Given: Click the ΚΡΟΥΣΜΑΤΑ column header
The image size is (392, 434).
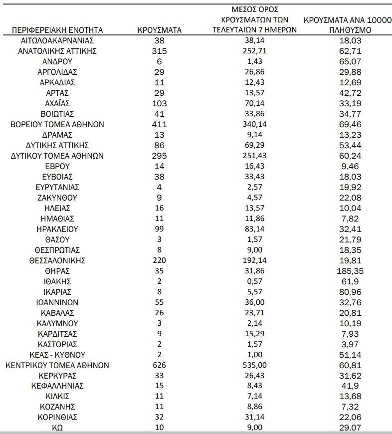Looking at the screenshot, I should tap(159, 30).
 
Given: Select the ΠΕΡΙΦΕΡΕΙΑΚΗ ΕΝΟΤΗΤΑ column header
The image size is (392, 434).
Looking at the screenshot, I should tap(57, 30).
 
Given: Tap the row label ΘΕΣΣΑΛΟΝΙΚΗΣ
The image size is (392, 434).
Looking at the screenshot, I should tap(57, 260).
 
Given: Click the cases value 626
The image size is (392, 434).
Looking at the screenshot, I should tap(159, 365).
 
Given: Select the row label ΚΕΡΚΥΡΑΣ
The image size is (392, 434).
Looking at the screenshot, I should tap(57, 376).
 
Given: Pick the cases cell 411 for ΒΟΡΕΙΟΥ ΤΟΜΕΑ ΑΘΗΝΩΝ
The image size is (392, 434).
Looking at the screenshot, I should tap(159, 124).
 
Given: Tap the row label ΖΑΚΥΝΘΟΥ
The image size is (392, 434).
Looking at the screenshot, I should tap(57, 198).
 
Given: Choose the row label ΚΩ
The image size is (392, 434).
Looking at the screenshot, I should tap(57, 428).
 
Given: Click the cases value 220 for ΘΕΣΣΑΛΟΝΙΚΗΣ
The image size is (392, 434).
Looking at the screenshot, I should tap(159, 260).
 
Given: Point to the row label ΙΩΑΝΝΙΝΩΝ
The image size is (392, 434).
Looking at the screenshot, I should tap(57, 302).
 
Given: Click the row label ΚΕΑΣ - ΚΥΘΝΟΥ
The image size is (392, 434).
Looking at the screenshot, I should tap(57, 355).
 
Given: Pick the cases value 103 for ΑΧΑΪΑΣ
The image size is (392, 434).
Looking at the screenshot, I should tap(159, 103).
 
